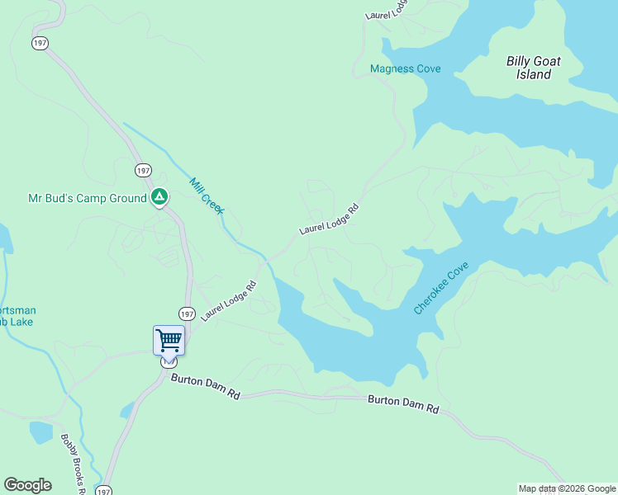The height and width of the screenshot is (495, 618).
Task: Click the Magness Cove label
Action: pos(405,68)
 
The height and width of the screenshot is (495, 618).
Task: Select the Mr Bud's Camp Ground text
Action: pos(87,198)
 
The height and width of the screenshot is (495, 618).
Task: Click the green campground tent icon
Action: pos(159,198)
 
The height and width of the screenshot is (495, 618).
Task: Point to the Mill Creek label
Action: pos(207,196)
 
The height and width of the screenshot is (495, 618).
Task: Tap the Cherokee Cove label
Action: pos(441,287)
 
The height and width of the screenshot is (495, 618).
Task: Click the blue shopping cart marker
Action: pos(169,340)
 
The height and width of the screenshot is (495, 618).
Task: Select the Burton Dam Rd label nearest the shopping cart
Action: pos(206,386)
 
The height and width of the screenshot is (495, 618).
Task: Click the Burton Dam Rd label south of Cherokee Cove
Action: pos(403,403)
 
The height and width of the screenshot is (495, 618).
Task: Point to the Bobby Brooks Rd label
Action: pos(74,464)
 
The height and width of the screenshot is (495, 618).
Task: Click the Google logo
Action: pos(27,485)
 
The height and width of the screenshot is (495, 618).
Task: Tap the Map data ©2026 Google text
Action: pos(567,488)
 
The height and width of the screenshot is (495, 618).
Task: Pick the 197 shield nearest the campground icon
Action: pos(144,170)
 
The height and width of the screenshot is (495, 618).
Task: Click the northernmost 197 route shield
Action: pos(39,42)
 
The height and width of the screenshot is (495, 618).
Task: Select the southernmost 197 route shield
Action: pos(103,491)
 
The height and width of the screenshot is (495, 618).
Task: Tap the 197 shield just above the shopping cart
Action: pos(187,313)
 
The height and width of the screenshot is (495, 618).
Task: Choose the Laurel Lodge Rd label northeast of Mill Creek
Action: pos(330,219)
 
